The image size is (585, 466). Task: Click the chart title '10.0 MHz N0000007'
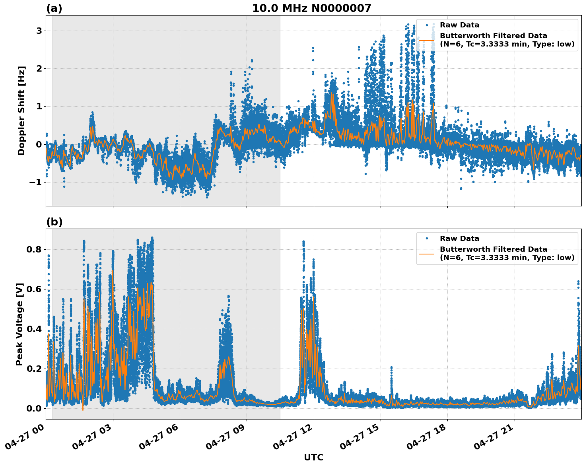point(311,8)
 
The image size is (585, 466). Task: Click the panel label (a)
point(54,8)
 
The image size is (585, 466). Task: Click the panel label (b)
point(54,222)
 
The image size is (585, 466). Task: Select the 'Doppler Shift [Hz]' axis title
point(21,111)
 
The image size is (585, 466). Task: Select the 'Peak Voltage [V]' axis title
point(19,324)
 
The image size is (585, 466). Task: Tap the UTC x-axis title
point(313,457)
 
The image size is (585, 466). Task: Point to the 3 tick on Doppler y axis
point(39,31)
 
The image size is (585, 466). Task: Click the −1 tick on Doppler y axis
point(36,182)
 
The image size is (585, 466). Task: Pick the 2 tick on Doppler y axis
point(39,69)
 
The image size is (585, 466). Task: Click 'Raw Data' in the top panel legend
point(459,25)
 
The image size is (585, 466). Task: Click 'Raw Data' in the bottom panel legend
point(459,239)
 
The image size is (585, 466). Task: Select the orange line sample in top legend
point(426,40)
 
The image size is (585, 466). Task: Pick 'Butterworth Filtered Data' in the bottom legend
point(493,249)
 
